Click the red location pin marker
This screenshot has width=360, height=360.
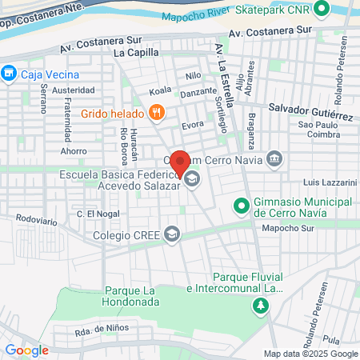[x=181, y=163]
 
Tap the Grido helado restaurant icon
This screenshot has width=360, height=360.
[x=158, y=114]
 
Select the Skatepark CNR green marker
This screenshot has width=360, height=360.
[x=322, y=10]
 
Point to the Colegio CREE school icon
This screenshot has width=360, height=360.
[x=171, y=234]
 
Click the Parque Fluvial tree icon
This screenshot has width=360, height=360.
[x=260, y=305]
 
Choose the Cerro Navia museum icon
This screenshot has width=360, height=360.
[x=274, y=158]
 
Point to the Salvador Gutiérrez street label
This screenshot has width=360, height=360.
[x=310, y=106]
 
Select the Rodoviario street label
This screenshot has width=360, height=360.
[x=36, y=218]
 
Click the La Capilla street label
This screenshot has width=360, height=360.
[x=137, y=53]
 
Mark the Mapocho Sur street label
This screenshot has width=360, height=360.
[x=289, y=227]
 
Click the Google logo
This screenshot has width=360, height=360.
[x=26, y=350]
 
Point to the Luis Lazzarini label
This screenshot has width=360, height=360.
[x=330, y=182]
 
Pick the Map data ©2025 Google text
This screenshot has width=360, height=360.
[x=311, y=354]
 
